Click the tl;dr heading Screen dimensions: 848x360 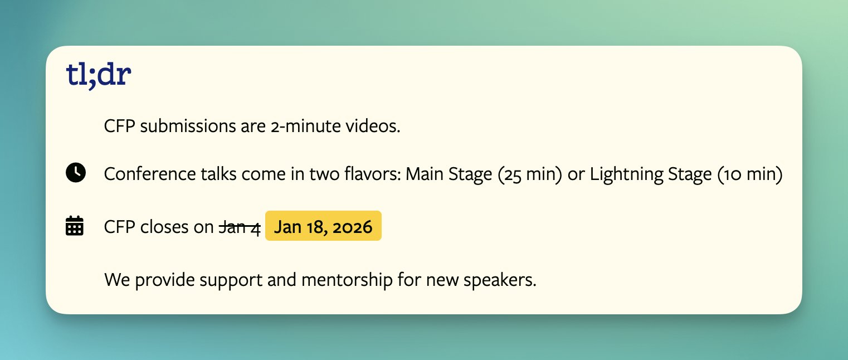pos(99,75)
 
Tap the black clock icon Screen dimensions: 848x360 pos(76,173)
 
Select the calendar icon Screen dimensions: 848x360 pos(75,226)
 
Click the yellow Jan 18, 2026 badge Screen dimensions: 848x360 pos(323,226)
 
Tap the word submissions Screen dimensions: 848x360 pos(188,126)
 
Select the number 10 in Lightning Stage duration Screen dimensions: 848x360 pos(732,174)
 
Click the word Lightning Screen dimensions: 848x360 pos(626,174)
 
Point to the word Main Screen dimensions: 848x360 pos(425,174)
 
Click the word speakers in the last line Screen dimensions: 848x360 pos(500,280)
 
